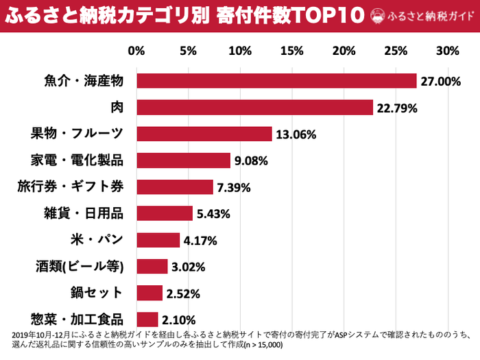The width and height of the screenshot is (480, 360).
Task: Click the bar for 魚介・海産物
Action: pyautogui.click(x=276, y=81)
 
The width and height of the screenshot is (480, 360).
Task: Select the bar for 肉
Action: pyautogui.click(x=254, y=108)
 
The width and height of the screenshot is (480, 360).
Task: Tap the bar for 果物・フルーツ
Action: pyautogui.click(x=204, y=134)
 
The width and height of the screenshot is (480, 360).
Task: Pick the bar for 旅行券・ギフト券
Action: pyautogui.click(x=175, y=187)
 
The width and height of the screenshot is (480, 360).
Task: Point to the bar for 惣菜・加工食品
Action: pyautogui.click(x=147, y=319)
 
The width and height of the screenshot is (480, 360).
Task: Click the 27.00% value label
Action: pyautogui.click(x=440, y=82)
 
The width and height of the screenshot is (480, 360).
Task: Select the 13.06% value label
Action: pyautogui.click(x=296, y=134)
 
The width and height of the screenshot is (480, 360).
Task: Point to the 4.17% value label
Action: pyautogui.click(x=200, y=240)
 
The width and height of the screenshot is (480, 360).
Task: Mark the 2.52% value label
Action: pyautogui.click(x=183, y=293)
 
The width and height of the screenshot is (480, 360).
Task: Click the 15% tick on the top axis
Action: pyautogui.click(x=292, y=51)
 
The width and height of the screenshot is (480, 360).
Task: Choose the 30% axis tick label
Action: pyautogui.click(x=447, y=51)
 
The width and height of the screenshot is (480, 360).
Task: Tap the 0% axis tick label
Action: pyautogui.click(x=136, y=51)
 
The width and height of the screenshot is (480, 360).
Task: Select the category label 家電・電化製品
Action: pyautogui.click(x=77, y=160)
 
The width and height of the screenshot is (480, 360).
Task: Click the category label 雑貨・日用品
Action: pyautogui.click(x=83, y=213)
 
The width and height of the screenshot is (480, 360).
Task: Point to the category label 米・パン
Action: pyautogui.click(x=97, y=239)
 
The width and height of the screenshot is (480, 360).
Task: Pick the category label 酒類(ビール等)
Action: pyautogui.click(x=80, y=266)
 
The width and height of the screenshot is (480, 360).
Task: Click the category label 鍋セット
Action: pyautogui.click(x=97, y=293)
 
